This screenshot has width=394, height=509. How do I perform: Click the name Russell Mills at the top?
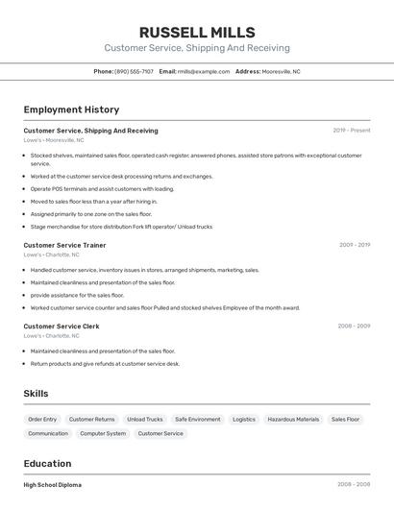coord(196,33)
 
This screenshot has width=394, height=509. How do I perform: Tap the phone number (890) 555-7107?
coord(134,71)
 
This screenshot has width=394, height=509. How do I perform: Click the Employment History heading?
coord(71,110)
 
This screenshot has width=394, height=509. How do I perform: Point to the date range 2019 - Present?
coord(351,131)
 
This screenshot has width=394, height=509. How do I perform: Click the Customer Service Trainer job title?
coord(64,245)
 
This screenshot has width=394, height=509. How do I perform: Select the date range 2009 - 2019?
coord(354,245)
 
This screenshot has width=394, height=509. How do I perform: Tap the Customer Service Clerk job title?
coord(61,327)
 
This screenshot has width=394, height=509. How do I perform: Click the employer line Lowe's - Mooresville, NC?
coord(53,140)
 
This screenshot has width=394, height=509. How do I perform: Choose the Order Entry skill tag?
coord(42,420)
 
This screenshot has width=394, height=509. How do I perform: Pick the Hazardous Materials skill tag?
coord(293,420)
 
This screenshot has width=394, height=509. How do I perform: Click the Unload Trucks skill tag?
coord(145,420)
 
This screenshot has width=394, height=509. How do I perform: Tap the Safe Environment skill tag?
coord(198,420)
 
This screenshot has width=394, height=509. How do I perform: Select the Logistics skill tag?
coord(244,420)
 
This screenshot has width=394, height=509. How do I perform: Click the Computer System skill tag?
coord(103,434)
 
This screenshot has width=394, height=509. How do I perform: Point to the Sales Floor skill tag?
coord(345,420)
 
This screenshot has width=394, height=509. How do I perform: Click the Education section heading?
coord(47,464)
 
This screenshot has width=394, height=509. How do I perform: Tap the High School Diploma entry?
coord(52,485)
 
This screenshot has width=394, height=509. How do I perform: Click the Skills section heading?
coord(36,394)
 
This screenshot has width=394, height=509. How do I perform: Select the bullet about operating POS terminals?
coord(102,189)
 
